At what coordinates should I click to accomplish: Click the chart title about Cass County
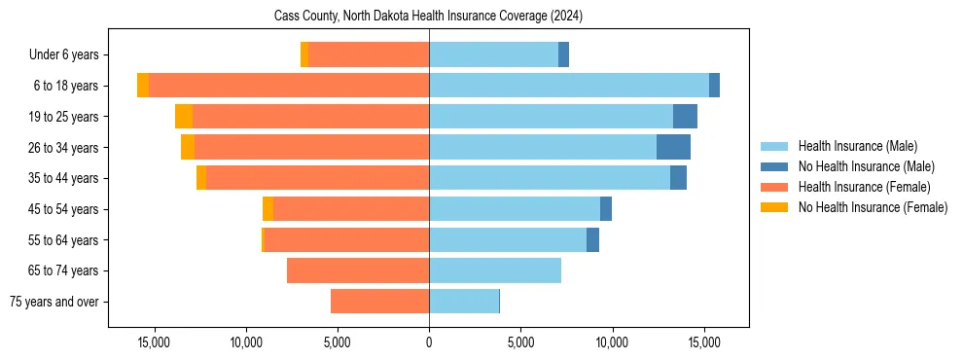coord(429,16)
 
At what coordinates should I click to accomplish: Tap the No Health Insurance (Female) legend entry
coord(866,207)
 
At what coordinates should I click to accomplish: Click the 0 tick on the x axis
coord(429,342)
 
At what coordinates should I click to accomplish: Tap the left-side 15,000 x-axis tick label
coord(154,342)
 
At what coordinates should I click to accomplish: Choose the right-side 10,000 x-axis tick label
coord(612,342)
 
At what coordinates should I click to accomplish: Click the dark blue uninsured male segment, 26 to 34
coord(673,147)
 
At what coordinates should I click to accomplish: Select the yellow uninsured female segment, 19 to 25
coord(184,117)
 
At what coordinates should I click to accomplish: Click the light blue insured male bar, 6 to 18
coord(569,86)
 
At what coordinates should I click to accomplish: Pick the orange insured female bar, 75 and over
coord(380,302)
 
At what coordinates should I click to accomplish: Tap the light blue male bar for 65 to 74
coord(495,270)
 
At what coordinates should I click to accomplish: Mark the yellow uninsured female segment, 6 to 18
coord(143,86)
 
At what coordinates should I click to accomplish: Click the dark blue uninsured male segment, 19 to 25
coord(685,117)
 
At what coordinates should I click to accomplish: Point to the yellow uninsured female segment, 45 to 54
coord(268,209)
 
